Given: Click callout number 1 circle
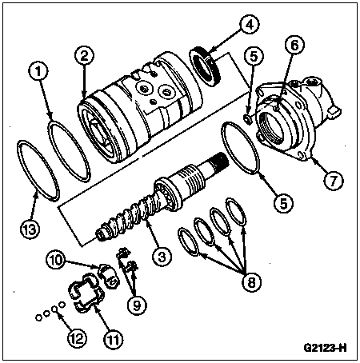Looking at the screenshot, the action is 39,71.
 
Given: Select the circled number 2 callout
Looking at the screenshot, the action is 84,56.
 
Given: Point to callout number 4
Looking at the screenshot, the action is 250,24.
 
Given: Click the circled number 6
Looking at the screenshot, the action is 294,46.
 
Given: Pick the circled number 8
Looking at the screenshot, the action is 252,282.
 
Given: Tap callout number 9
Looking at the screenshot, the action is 137,305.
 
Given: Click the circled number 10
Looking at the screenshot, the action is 56,260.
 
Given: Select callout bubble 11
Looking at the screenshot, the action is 113,339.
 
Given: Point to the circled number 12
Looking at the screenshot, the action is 77,339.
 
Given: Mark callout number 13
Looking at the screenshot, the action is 30,229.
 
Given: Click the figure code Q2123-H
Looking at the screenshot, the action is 325,348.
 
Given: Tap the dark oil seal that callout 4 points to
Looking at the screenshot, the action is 206,66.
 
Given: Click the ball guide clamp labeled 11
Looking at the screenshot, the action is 86,293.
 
